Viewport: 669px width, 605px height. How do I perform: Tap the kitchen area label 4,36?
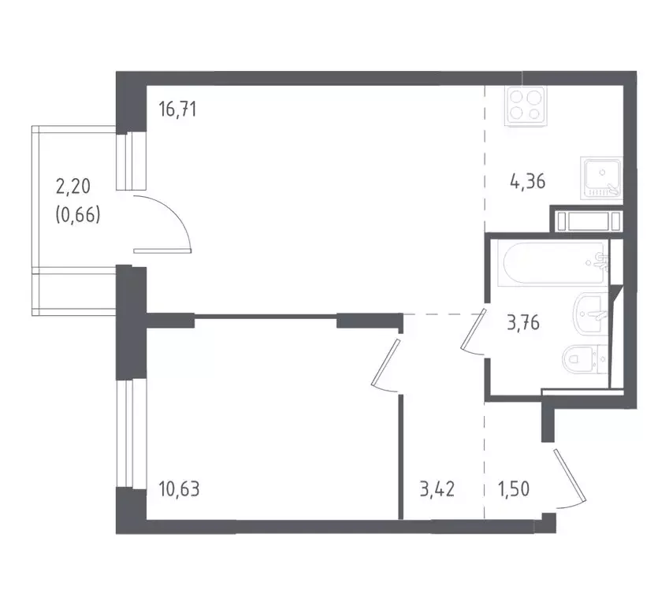click(527, 183)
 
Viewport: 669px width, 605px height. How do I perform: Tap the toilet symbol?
click(586, 361)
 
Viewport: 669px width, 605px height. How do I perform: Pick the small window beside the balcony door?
click(131, 161)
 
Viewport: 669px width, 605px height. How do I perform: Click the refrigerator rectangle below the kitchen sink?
click(586, 220)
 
